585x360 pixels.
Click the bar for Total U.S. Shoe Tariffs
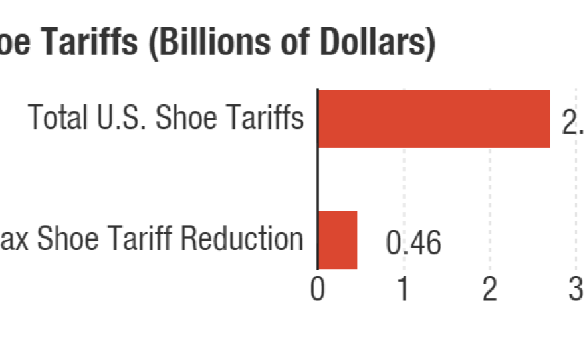(x=433, y=119)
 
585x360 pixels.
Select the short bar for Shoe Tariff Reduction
(x=338, y=240)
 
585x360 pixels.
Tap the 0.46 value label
(x=413, y=244)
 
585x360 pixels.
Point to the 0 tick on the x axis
(x=318, y=290)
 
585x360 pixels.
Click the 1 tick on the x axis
(x=403, y=290)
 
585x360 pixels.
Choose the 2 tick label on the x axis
(x=489, y=290)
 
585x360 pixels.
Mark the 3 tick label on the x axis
(x=576, y=290)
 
